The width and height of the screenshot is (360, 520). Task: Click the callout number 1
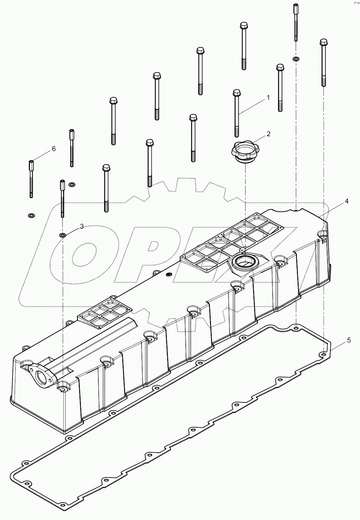tap(268, 97)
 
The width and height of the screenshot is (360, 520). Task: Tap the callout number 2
tap(268, 134)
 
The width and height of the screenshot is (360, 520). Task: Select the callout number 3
tap(82, 226)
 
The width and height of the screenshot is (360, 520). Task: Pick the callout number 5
tap(349, 340)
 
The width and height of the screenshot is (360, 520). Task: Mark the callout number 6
tap(53, 149)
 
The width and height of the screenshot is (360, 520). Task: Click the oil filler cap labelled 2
tap(245, 151)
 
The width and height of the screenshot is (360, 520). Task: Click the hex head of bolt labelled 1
tap(236, 93)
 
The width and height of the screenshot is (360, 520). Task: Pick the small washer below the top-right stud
tap(296, 59)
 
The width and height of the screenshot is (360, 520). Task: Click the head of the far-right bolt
tap(323, 42)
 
